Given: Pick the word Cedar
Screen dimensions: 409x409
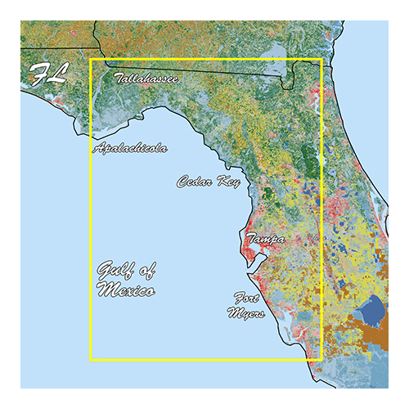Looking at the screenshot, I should click(x=196, y=182).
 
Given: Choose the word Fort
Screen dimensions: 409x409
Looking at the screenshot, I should click(x=247, y=299).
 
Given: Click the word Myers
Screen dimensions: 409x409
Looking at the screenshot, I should click(x=248, y=313).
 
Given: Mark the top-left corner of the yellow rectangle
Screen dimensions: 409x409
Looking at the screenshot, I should click(x=91, y=60).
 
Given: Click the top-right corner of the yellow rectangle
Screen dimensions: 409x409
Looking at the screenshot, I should click(x=322, y=60).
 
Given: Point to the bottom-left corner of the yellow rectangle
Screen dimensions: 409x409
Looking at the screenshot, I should click(x=91, y=359).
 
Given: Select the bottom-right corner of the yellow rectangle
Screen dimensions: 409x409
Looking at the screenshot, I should click(x=322, y=359).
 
